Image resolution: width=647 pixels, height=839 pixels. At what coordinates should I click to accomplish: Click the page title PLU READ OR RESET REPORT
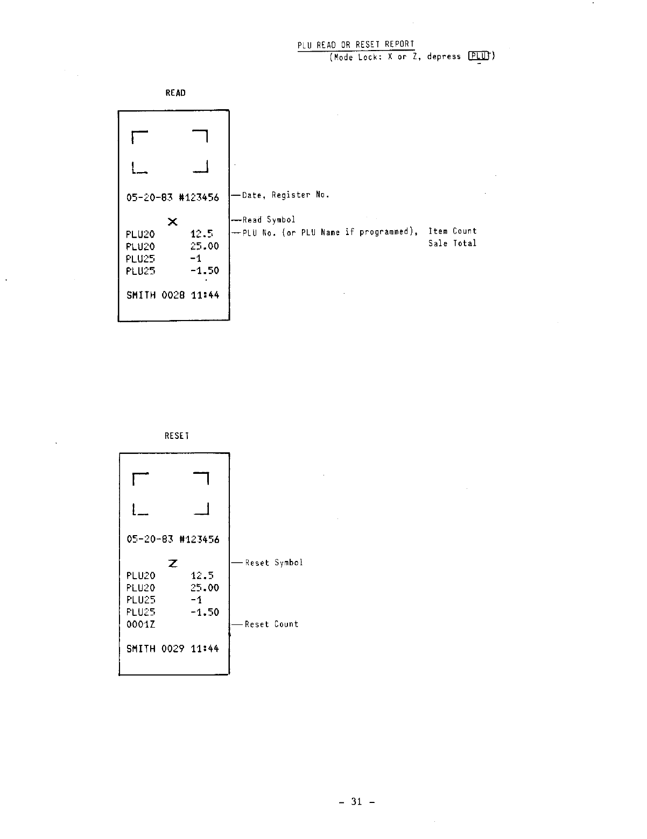click(356, 44)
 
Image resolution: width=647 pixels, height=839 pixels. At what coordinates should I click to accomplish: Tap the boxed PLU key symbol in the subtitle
click(479, 56)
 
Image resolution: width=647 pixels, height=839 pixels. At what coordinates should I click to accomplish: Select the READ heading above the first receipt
click(175, 93)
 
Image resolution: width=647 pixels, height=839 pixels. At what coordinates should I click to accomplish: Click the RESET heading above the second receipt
click(177, 436)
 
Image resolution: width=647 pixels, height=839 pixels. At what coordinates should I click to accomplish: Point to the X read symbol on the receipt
click(172, 221)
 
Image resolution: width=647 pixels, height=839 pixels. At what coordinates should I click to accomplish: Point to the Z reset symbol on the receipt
click(173, 563)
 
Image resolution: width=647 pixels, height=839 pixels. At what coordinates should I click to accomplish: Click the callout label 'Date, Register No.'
click(285, 195)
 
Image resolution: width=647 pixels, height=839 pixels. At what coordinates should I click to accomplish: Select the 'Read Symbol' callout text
click(269, 219)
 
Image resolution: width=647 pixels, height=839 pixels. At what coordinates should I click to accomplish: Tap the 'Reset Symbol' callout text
click(273, 563)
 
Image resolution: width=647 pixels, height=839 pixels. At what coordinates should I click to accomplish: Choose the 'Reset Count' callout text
click(271, 624)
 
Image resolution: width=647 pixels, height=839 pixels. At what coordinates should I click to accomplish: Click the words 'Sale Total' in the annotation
click(452, 243)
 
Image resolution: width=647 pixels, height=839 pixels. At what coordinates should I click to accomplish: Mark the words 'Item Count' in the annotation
click(452, 231)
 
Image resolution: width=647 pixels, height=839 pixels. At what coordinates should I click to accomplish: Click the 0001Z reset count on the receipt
click(141, 624)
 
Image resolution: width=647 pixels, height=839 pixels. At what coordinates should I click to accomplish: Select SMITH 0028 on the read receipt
click(156, 295)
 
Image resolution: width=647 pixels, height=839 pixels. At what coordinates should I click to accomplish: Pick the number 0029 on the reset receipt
click(173, 649)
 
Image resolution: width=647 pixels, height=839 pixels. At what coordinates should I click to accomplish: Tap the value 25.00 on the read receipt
click(205, 246)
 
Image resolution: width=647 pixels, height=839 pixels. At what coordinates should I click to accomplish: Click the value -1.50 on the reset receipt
click(205, 612)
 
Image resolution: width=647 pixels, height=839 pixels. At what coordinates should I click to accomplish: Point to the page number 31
click(356, 801)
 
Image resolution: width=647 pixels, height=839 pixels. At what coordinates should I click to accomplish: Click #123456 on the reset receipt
click(199, 539)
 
